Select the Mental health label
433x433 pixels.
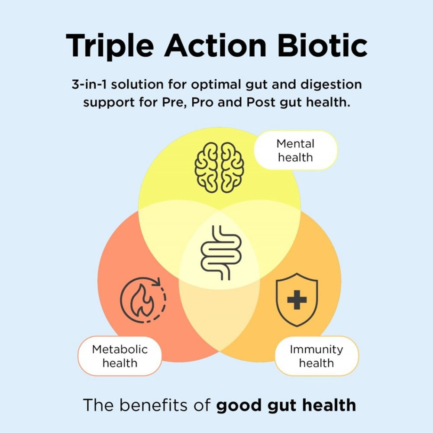[295, 150]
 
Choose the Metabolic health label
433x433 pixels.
[120, 356]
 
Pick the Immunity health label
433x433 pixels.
[317, 356]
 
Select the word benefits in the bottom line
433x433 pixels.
[165, 405]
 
